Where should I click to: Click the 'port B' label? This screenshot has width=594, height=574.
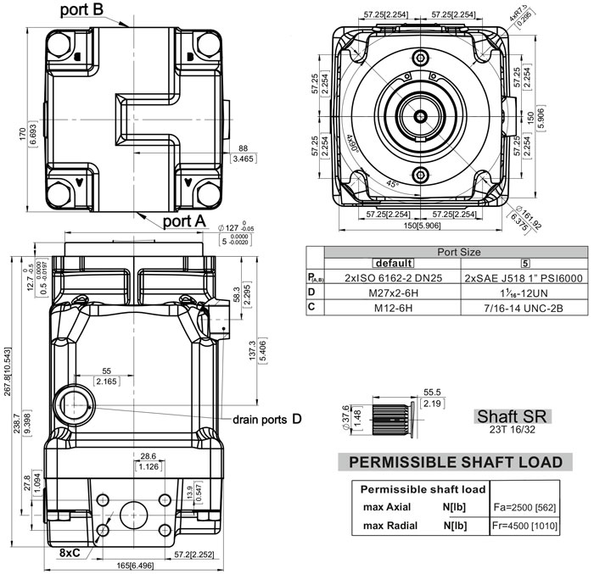(94, 10)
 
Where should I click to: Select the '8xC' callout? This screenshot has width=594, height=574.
(70, 552)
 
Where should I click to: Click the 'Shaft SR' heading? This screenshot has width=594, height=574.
(513, 416)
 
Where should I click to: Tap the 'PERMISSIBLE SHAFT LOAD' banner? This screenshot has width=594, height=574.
(450, 462)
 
